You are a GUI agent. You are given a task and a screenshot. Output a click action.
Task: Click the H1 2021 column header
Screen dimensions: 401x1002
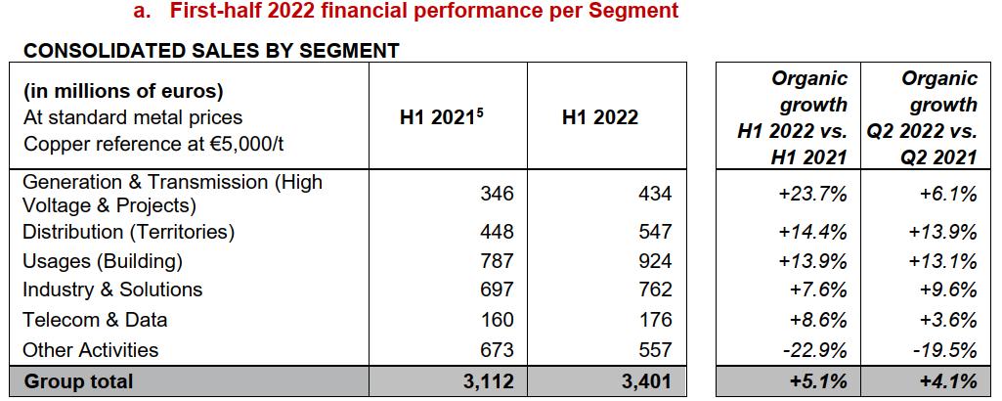(442, 117)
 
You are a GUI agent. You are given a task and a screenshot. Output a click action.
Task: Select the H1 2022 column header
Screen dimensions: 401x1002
(600, 117)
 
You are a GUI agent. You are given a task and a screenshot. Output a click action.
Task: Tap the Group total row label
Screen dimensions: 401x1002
(77, 381)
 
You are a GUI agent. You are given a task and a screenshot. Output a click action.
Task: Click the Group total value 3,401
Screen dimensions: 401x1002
(646, 381)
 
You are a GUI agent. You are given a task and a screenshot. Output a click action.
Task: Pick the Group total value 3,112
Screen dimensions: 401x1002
(487, 381)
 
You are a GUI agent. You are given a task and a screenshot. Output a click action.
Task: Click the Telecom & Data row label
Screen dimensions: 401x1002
(94, 320)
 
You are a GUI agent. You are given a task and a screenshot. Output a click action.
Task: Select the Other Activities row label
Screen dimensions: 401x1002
(90, 350)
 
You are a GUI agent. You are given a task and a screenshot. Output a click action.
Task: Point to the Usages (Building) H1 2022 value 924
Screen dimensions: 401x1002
(654, 261)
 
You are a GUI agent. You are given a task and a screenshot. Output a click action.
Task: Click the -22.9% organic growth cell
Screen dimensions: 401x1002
(812, 350)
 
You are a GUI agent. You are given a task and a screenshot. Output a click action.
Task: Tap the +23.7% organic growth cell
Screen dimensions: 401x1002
(812, 194)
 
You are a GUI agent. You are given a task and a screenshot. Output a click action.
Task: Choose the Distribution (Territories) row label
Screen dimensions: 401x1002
(128, 232)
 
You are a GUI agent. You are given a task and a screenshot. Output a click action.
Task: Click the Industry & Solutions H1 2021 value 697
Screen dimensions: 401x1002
(496, 290)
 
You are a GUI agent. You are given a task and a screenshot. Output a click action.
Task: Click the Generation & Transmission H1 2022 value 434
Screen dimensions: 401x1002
(654, 194)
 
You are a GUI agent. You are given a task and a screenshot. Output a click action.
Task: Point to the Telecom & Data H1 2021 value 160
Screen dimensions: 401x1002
(496, 320)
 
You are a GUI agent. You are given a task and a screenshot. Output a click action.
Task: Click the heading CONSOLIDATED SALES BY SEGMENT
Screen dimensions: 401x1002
(211, 51)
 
